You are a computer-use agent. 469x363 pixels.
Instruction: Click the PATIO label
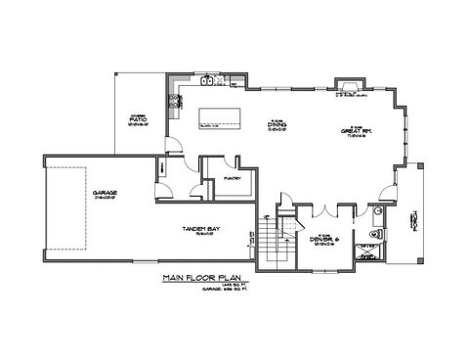coord(136,120)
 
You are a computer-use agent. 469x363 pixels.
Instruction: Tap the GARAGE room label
coord(105,195)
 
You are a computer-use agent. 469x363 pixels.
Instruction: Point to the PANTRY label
coord(234,178)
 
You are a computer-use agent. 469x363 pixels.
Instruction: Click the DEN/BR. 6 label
coord(323,238)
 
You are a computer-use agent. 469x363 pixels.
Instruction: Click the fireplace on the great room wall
coord(351,95)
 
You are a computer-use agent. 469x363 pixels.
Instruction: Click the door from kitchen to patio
coord(174,146)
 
